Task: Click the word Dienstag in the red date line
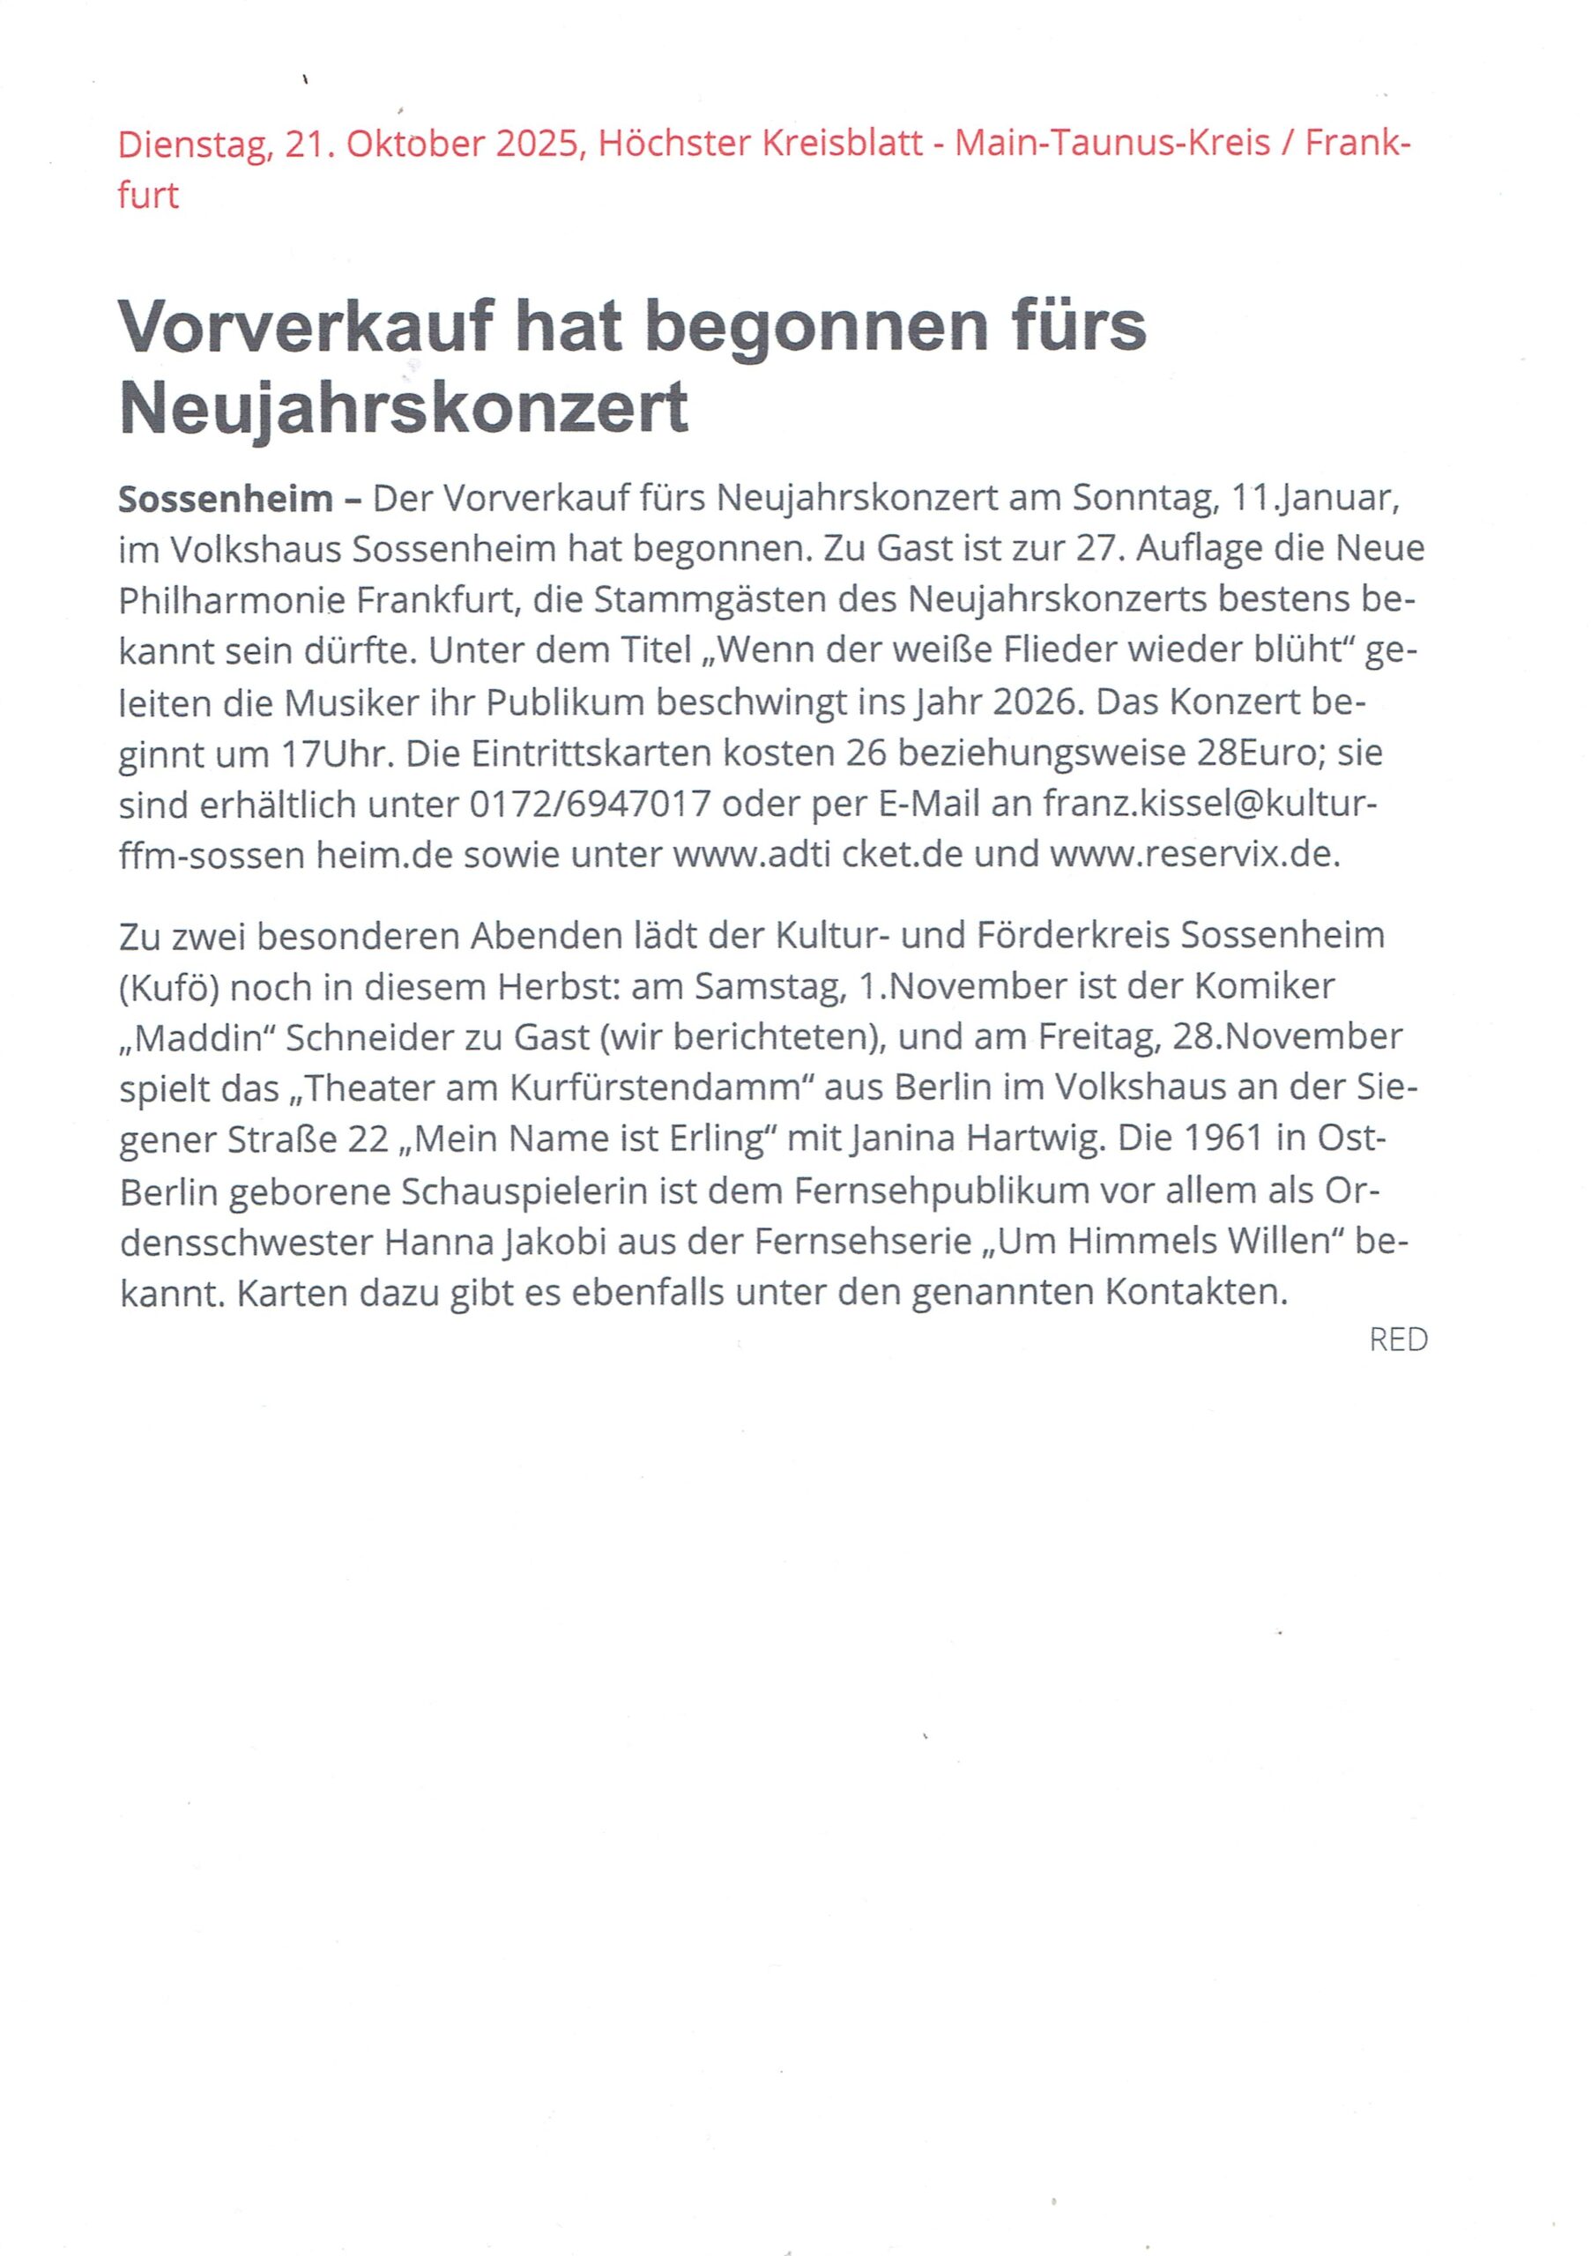click(191, 145)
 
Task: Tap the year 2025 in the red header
click(536, 145)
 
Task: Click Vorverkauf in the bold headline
click(305, 326)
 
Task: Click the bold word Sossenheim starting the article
click(225, 499)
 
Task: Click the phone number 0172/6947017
click(590, 804)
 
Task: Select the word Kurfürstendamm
click(640, 1087)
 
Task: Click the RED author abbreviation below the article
click(1397, 1339)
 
